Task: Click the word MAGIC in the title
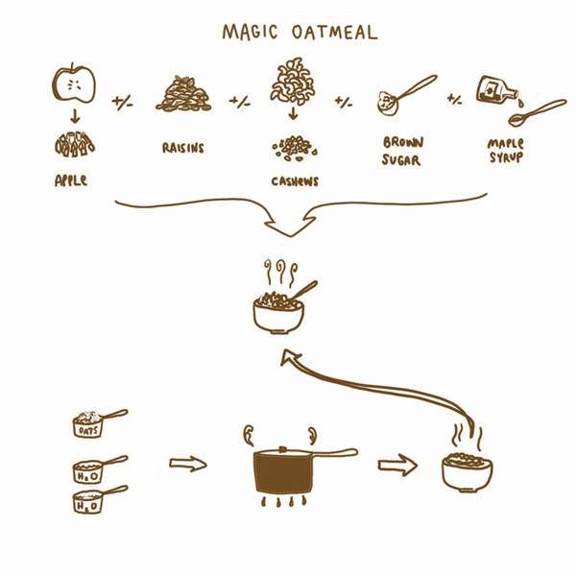point(250,32)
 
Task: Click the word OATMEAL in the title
point(335,32)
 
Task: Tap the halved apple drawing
point(74,83)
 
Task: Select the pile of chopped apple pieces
point(75,144)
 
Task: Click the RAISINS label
point(183,148)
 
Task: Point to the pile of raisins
point(183,94)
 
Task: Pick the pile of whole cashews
point(293,81)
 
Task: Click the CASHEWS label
point(295,181)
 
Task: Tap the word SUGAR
point(400,159)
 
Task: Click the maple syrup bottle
point(496,89)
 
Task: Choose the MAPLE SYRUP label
point(506,151)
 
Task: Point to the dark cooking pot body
point(283,472)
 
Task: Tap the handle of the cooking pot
point(335,453)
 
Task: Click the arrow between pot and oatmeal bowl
point(397,465)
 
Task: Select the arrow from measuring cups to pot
point(188,464)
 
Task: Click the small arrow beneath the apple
point(75,116)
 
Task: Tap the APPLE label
point(71,180)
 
